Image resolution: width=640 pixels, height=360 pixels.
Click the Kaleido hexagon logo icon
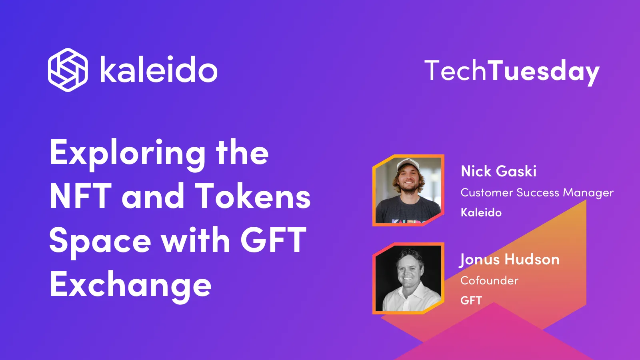(68, 70)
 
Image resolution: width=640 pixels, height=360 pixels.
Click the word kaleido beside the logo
(158, 70)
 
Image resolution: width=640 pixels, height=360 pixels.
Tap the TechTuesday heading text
(512, 71)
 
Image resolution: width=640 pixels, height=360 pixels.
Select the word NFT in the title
(80, 196)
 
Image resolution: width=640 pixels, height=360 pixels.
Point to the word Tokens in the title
(253, 196)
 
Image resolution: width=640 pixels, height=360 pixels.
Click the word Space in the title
(100, 241)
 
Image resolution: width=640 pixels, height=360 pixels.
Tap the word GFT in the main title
(273, 240)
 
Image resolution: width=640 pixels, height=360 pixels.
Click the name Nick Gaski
(498, 171)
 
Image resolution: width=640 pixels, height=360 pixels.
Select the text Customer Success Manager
(537, 193)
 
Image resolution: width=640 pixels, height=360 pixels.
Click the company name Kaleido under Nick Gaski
(481, 212)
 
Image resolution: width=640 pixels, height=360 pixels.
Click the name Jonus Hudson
(509, 260)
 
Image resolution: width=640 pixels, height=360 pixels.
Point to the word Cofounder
(489, 280)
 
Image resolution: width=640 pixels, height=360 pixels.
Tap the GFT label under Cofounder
(471, 300)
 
